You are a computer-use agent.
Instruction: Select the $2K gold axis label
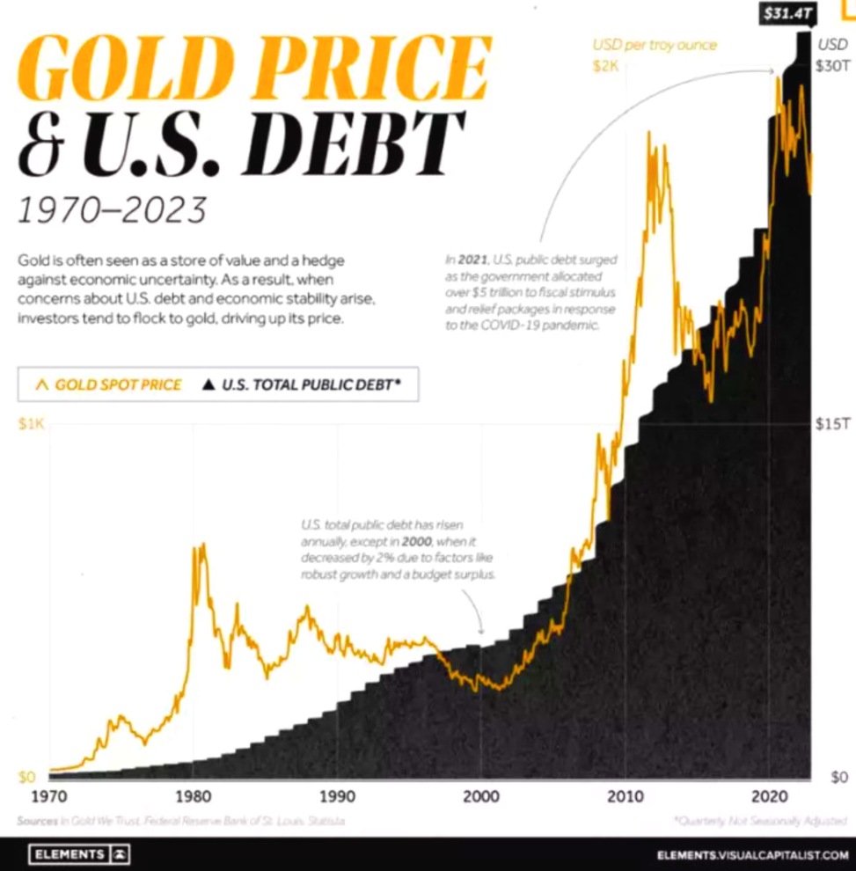tap(606, 67)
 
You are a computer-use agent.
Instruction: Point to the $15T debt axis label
tap(832, 424)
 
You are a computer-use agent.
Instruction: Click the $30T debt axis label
tap(832, 67)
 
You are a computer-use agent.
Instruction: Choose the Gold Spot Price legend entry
tap(109, 384)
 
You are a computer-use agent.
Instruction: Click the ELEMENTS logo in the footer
tap(79, 853)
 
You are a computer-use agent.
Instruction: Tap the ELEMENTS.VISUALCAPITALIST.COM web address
tap(752, 854)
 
